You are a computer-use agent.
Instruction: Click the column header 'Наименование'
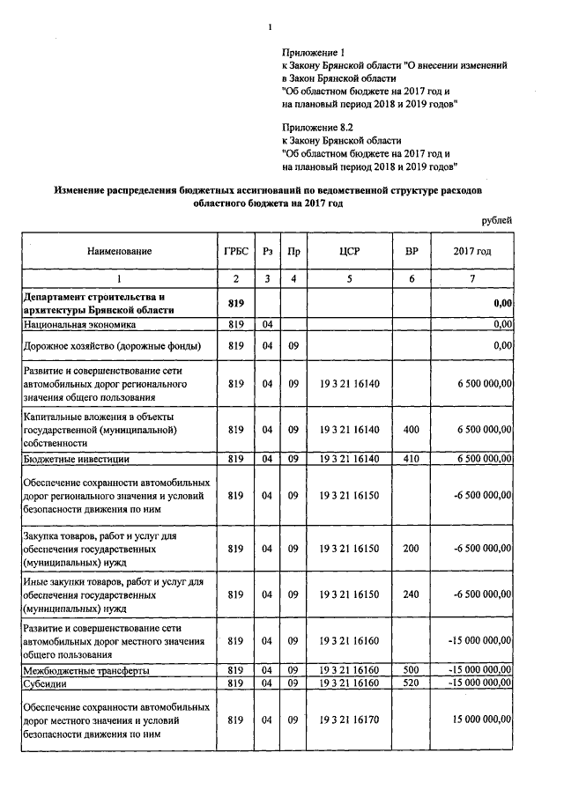click(119, 251)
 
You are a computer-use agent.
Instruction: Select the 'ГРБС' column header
click(234, 251)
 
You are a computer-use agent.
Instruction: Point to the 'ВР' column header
click(411, 251)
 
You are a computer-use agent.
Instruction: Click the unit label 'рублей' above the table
click(495, 220)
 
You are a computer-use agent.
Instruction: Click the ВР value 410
click(411, 459)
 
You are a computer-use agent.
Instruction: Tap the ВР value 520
click(411, 683)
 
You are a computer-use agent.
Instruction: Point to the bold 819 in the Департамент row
click(234, 303)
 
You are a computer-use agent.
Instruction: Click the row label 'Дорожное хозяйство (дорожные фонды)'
click(113, 346)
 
